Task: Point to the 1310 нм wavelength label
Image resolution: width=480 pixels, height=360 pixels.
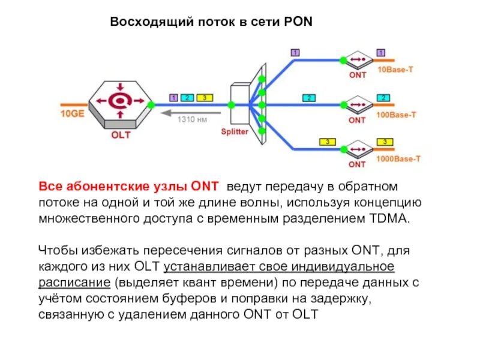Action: tap(191, 119)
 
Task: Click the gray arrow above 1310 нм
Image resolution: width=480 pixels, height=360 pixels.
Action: tap(189, 110)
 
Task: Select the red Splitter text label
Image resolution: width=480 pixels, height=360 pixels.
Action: tap(234, 132)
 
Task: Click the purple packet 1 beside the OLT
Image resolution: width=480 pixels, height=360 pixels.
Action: tap(173, 97)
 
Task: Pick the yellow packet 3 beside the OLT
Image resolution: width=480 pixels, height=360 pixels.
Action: tap(204, 97)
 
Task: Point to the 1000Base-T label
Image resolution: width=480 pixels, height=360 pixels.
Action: tap(398, 159)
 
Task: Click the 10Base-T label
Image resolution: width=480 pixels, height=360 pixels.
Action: tap(395, 70)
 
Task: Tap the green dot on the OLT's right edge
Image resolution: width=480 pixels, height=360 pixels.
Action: tap(151, 104)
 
